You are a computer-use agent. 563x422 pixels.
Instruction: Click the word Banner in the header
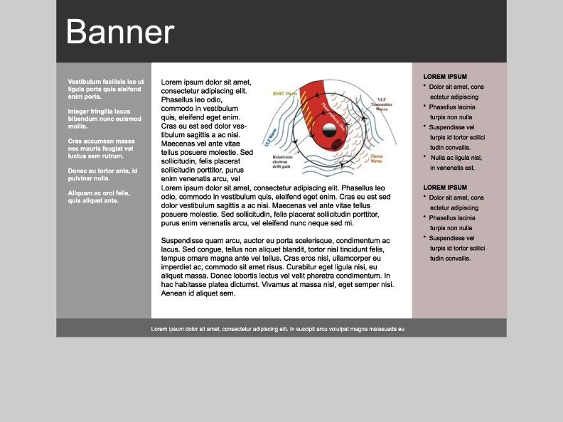pyautogui.click(x=119, y=33)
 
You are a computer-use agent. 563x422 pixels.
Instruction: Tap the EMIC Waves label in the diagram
pyautogui.click(x=286, y=93)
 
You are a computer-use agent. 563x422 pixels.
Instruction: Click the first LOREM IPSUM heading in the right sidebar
pyautogui.click(x=445, y=76)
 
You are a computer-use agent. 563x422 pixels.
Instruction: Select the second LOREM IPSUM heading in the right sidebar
pyautogui.click(x=445, y=188)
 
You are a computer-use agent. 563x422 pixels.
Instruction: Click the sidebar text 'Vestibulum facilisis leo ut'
pyautogui.click(x=106, y=82)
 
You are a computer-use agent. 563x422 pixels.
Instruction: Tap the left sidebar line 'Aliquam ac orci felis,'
pyautogui.click(x=99, y=193)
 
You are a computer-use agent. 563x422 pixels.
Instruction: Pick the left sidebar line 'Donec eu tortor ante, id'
pyautogui.click(x=102, y=171)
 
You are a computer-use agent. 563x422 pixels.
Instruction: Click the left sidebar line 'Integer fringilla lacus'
pyautogui.click(x=100, y=112)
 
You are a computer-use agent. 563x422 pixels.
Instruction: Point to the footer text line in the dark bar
pyautogui.click(x=277, y=329)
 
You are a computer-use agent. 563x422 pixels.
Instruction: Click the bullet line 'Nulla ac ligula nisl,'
pyautogui.click(x=456, y=158)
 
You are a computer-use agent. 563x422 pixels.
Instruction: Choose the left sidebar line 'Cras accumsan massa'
pyautogui.click(x=101, y=141)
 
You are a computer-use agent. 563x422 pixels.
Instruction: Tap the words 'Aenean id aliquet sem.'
pyautogui.click(x=198, y=293)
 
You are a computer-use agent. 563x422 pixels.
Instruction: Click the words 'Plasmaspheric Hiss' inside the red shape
pyautogui.click(x=334, y=114)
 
